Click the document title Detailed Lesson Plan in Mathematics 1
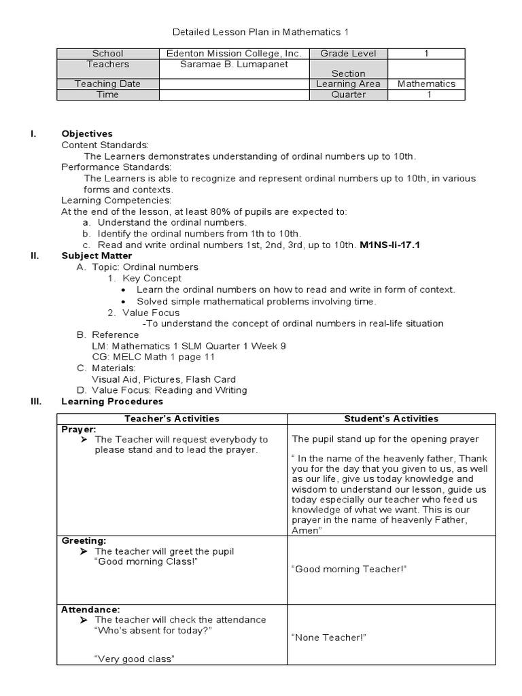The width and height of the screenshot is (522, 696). coord(261,32)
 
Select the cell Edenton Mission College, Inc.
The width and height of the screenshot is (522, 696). coord(234,54)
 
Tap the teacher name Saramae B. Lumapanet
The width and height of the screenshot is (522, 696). coord(234,65)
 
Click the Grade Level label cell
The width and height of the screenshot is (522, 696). coord(348,54)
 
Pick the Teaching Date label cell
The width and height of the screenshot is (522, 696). coord(107,84)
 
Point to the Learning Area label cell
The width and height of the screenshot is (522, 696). coord(348,84)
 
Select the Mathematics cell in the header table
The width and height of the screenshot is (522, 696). coord(426,84)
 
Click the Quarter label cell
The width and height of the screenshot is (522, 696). coord(348,95)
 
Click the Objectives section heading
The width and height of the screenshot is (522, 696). coord(87,134)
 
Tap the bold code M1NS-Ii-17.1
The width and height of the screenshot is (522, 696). coord(389,245)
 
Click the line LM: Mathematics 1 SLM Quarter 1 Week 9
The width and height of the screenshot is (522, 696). coord(188,346)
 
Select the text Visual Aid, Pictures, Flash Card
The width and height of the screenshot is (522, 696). coord(164,379)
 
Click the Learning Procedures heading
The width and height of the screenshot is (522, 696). coord(112,402)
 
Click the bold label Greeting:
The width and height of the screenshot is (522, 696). coord(84,540)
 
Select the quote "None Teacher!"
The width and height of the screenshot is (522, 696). coord(329,638)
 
